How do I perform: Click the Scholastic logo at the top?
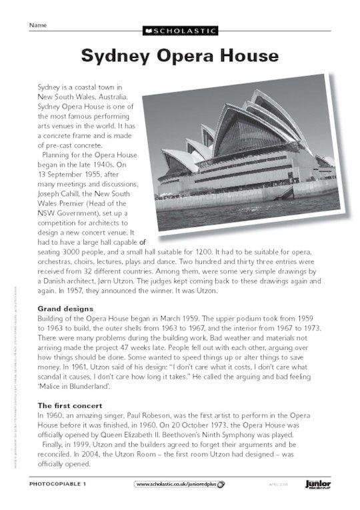point(180,31)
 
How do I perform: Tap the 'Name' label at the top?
point(38,25)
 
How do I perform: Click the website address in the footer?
point(177,483)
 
